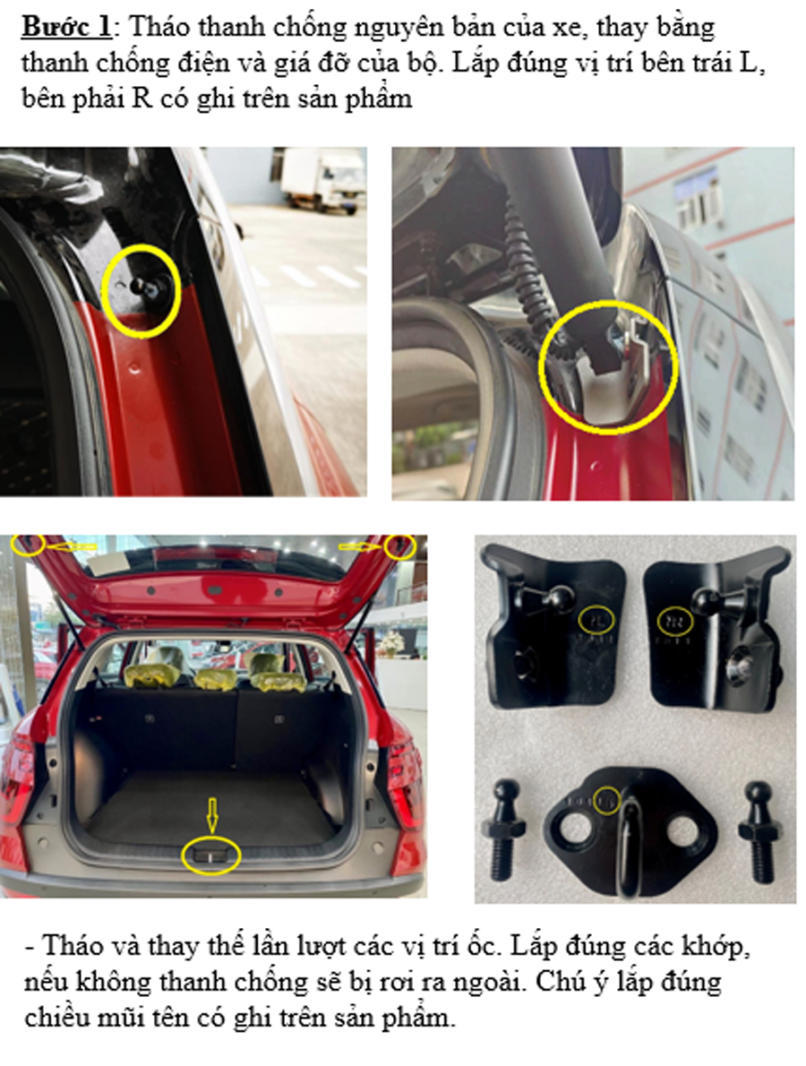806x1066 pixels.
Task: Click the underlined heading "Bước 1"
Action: (66, 27)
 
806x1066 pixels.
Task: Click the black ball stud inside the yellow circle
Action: (144, 288)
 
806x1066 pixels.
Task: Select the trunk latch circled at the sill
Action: (211, 855)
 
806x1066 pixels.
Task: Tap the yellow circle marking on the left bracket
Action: (596, 619)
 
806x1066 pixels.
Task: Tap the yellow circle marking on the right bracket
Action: (675, 621)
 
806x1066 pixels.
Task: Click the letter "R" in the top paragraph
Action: (142, 98)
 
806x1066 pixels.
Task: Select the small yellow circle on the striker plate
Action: (607, 800)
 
